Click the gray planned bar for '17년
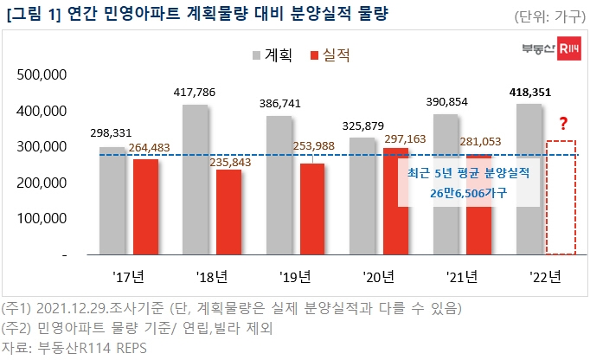click(112, 201)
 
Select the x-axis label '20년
click(379, 278)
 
